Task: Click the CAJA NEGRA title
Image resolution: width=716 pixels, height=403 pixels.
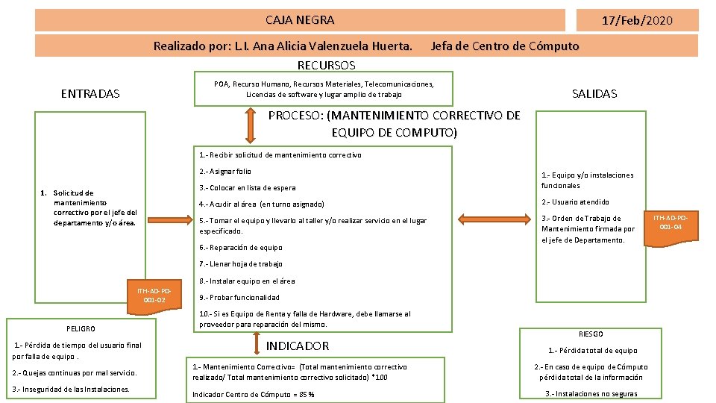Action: (300, 20)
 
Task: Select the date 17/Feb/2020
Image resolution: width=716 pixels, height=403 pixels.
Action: (636, 20)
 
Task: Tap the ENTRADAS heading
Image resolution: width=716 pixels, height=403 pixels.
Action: (89, 93)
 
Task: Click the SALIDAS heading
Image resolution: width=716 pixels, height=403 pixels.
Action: (594, 93)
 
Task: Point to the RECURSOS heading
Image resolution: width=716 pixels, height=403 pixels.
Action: (326, 65)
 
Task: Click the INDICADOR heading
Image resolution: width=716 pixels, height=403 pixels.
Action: (298, 346)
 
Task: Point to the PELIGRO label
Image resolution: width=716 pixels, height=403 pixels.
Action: (81, 328)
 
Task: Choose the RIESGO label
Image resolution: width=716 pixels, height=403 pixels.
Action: (591, 334)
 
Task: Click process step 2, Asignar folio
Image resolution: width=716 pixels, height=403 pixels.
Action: (225, 172)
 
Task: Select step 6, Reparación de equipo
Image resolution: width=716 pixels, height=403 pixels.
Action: (241, 247)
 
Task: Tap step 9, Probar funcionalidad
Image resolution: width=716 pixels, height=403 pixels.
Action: (239, 297)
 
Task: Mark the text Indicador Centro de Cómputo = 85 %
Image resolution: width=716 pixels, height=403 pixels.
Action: (253, 394)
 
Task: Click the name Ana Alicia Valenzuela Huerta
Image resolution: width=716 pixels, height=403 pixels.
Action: (333, 46)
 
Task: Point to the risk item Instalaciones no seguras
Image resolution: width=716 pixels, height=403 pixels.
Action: (591, 394)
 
